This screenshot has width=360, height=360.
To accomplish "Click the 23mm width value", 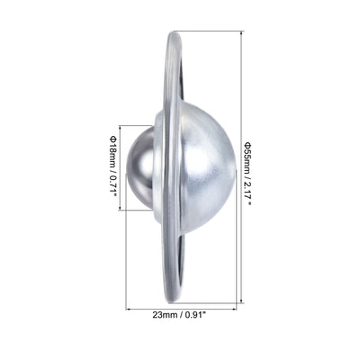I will (165, 316).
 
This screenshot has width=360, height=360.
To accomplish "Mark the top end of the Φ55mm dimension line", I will (239, 32).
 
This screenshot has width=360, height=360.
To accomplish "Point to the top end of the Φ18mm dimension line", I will (120, 125).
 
